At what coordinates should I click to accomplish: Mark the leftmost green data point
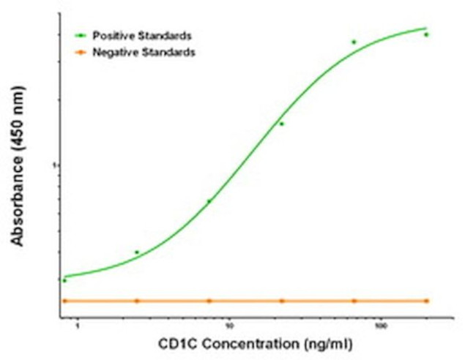[64, 280]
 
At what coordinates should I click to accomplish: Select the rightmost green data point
[426, 34]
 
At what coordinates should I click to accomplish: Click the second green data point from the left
[137, 252]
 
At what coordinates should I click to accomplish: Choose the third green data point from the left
[209, 201]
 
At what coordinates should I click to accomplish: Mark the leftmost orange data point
[64, 301]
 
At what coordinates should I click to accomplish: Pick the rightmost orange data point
[426, 301]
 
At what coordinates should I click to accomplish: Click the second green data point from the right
[354, 42]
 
